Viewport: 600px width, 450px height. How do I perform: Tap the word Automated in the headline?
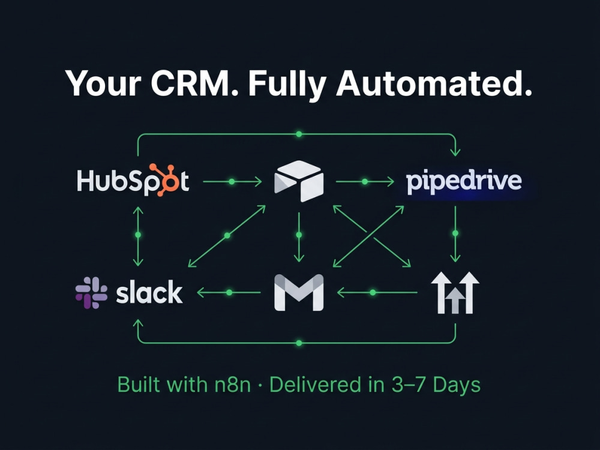click(x=434, y=83)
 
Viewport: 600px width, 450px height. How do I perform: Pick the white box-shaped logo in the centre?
click(x=299, y=181)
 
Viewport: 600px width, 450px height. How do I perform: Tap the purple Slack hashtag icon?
click(x=91, y=293)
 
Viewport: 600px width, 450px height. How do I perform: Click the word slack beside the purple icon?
click(x=149, y=292)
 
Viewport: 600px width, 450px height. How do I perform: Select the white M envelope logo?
click(x=299, y=292)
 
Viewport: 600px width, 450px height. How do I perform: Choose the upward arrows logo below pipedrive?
click(x=455, y=293)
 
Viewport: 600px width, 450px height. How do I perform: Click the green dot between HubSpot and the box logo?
click(x=232, y=182)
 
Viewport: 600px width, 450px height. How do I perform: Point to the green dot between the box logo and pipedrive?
click(x=365, y=182)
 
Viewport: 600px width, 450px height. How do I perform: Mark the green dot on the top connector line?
click(x=299, y=134)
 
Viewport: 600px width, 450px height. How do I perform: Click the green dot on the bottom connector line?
click(x=299, y=343)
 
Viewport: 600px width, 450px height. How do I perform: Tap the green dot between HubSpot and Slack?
click(x=138, y=235)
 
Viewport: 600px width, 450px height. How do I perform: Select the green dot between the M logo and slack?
click(x=229, y=293)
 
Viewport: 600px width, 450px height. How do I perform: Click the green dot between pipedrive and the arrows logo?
click(x=455, y=233)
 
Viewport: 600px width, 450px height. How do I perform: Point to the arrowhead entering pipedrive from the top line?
click(x=455, y=153)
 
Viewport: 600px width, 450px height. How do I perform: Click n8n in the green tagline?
click(x=232, y=385)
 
